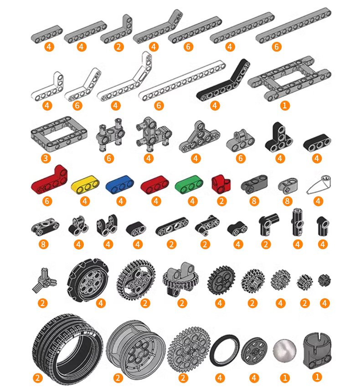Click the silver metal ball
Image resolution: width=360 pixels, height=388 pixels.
[284, 350]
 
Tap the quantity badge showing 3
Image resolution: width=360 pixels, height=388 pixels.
[46, 158]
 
